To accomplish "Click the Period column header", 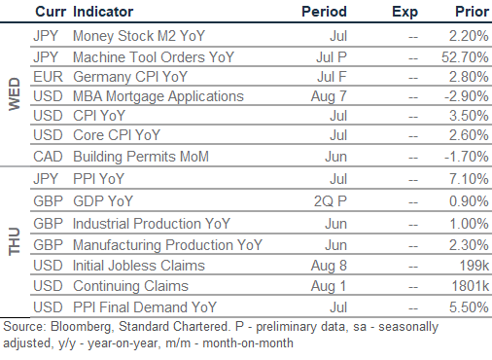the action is (x=324, y=12).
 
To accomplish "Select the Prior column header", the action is (x=472, y=12).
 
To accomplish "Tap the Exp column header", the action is (x=404, y=13).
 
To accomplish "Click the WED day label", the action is (x=15, y=94).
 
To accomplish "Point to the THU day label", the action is (x=15, y=241).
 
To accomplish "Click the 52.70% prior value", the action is (x=465, y=57).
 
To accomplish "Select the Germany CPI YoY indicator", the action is (x=130, y=77).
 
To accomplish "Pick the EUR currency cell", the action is (x=48, y=77).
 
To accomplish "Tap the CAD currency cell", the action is (x=48, y=157).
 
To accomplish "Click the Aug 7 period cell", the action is (x=329, y=96).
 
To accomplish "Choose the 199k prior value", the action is (x=474, y=266).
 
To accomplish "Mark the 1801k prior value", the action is (x=471, y=286).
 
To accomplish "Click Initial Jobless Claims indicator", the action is (x=139, y=266).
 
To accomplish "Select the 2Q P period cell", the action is (x=331, y=201).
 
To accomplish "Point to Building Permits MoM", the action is (x=141, y=157).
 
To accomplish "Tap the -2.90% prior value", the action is (x=467, y=96).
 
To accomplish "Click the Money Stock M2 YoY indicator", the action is (x=139, y=36).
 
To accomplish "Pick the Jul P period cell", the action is (x=332, y=57).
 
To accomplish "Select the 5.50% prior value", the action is (x=469, y=307).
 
